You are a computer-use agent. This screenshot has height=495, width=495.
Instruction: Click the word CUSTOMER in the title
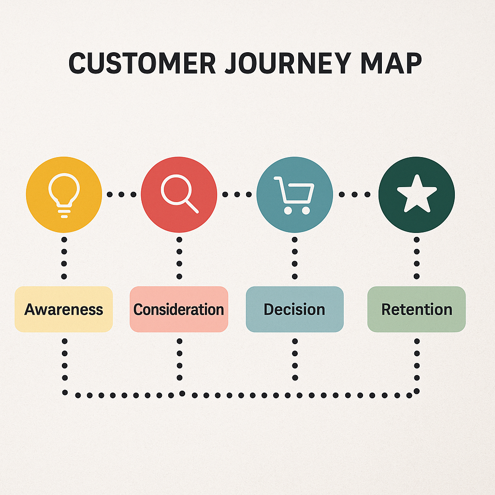pos(141,63)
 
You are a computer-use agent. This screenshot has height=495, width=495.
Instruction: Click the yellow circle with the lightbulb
pos(64,194)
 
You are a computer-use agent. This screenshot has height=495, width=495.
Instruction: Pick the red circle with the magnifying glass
pos(179,194)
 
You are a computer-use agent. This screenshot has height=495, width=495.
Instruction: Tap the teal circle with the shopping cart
pos(294,194)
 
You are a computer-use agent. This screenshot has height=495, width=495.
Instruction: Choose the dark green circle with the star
pos(416,194)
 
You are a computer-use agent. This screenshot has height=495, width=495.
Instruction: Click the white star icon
pos(416,193)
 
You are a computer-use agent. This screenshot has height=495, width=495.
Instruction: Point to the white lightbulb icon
pos(64,193)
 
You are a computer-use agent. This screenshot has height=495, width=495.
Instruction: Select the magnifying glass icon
pos(178,192)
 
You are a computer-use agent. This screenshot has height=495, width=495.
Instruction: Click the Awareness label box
pos(64,309)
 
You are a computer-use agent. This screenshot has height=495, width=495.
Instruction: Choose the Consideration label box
pos(179,309)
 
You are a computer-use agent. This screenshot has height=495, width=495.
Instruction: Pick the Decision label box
pos(294,309)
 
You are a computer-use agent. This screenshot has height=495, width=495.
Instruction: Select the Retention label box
pos(416,309)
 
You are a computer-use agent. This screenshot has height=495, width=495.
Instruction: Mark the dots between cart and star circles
pos(355,194)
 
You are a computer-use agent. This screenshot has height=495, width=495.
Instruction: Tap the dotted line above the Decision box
pos(294,258)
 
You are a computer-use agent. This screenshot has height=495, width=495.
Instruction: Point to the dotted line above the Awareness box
pos(64,258)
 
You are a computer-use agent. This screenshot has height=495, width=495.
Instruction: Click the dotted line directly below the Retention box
pos(417,360)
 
